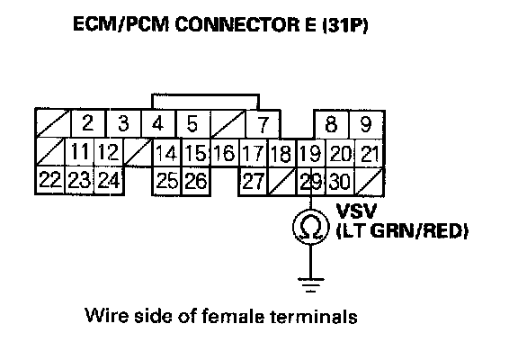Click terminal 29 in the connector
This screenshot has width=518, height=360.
pos(310,182)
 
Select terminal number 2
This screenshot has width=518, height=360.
pos(87,123)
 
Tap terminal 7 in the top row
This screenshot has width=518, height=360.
pos(263,124)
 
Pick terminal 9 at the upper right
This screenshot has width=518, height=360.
pos(366,124)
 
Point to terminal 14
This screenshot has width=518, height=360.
pos(166,153)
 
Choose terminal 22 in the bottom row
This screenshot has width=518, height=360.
pos(49,180)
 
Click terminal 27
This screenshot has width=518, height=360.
pos(253,181)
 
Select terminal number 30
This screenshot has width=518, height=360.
pos(340,182)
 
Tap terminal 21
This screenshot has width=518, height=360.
pos(370,154)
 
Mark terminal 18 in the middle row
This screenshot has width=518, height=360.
pos(281,154)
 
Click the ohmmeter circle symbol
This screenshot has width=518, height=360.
pos(311,227)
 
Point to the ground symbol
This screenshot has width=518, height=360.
pos(311,285)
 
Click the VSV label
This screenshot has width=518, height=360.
pos(356,211)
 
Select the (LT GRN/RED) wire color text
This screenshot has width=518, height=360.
pos(402,230)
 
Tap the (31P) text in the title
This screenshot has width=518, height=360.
pos(345,25)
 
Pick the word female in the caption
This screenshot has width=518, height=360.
pos(233,316)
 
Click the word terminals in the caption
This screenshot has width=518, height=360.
pos(314,316)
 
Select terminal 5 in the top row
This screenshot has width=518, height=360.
pos(192,123)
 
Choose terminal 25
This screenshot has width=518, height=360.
pos(167,181)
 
